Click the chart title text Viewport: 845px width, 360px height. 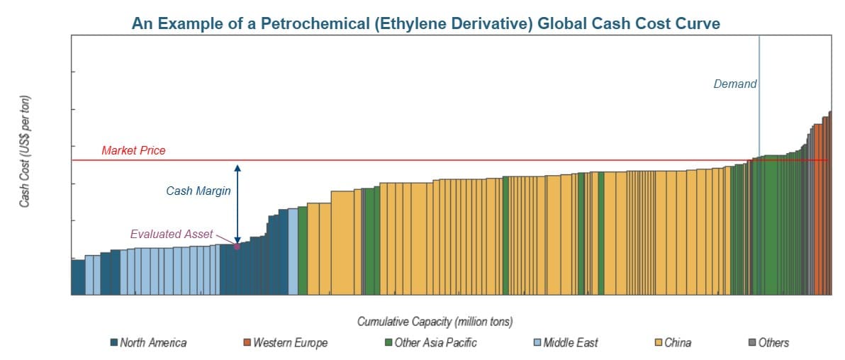point(425,23)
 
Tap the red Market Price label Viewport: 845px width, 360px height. point(133,150)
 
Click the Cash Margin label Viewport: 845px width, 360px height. point(198,191)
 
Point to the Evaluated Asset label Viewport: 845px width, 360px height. point(172,234)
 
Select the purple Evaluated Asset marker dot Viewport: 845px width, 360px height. point(237,246)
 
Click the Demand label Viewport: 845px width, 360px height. point(735,84)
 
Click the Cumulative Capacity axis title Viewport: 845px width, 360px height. point(435,322)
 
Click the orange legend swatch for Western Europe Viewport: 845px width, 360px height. point(247,343)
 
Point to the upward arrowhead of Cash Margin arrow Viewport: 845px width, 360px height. point(237,167)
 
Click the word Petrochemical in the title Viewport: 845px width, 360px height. point(307,23)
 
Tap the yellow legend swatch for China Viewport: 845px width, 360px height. point(659,343)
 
